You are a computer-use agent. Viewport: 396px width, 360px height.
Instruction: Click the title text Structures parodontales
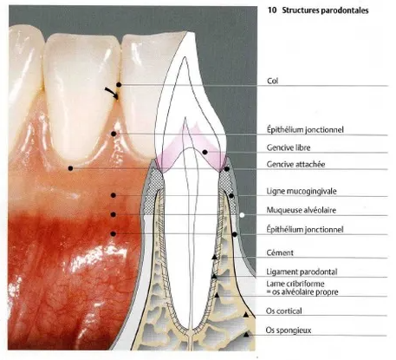(x=325, y=10)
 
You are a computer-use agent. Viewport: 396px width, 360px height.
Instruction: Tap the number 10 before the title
(x=272, y=10)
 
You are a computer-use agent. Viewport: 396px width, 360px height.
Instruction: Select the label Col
(x=273, y=81)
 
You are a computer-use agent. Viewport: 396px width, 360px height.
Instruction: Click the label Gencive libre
(x=289, y=147)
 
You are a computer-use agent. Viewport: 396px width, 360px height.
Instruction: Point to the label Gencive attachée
(x=295, y=165)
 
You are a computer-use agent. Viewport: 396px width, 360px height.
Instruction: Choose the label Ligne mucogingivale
(x=302, y=191)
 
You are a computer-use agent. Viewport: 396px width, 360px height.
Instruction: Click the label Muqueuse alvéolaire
(x=302, y=210)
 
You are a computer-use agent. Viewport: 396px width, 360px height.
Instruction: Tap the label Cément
(x=280, y=252)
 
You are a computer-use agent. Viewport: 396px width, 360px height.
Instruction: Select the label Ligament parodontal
(x=302, y=272)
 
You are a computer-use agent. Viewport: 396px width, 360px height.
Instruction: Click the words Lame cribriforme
(x=295, y=284)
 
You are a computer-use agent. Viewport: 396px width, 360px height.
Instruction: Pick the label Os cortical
(x=284, y=311)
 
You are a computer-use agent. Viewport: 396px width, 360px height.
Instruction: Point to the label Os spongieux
(x=289, y=331)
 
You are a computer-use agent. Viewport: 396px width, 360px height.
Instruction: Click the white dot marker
(x=242, y=215)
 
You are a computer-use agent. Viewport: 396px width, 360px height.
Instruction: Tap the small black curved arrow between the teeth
(x=112, y=93)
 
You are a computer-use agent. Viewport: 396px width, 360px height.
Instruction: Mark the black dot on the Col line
(x=119, y=85)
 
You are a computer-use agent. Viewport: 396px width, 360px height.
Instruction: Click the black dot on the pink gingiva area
(x=204, y=152)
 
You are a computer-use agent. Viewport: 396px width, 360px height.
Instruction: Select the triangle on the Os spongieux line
(x=246, y=335)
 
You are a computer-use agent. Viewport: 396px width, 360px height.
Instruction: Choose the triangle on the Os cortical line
(x=246, y=315)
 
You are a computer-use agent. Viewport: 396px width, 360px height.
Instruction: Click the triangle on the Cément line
(x=214, y=257)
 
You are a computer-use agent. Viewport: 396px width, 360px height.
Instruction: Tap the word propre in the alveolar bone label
(x=327, y=292)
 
